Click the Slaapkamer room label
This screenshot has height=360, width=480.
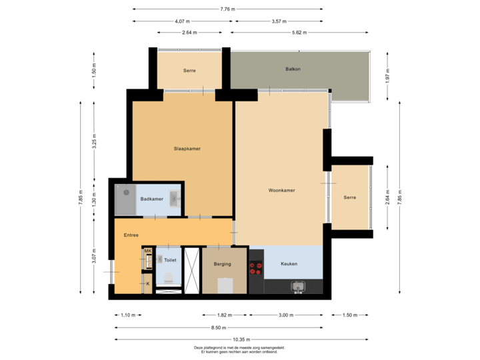tap(182, 149)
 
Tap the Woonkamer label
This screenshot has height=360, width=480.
tap(281, 190)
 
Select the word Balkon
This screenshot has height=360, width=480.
tap(293, 69)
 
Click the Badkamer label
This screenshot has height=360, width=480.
tap(151, 199)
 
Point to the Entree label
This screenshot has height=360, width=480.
tap(131, 235)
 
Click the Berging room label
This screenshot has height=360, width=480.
tap(222, 264)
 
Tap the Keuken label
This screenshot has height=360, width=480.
tap(289, 264)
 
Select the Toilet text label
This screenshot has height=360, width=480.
tap(169, 261)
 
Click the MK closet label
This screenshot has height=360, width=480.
tap(147, 251)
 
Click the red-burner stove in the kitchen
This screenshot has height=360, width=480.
tap(255, 268)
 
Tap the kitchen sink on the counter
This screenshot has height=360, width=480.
tap(298, 287)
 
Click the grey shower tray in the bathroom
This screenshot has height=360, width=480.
tap(125, 199)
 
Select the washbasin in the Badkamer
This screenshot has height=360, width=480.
tap(174, 198)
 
